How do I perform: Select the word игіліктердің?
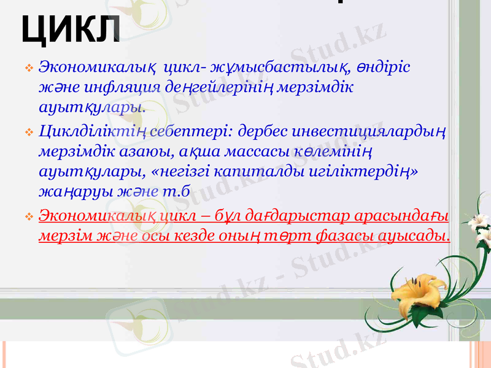tap(358, 171)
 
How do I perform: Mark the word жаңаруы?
tap(73, 191)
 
